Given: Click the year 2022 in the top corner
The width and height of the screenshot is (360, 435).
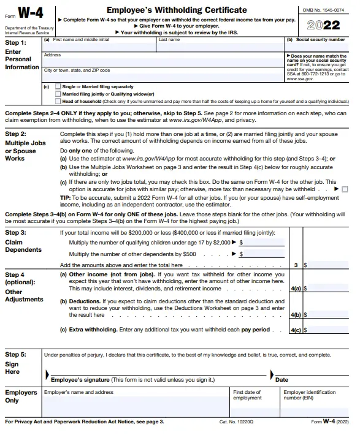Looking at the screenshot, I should [324, 25].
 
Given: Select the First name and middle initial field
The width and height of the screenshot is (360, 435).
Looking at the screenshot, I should [99, 47].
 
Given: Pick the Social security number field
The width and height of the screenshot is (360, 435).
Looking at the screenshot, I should [316, 47].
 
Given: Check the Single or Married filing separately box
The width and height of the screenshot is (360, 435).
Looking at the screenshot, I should [58, 86].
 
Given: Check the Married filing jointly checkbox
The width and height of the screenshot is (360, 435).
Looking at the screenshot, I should [58, 94].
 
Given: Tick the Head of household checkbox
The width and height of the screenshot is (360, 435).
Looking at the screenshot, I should [58, 101].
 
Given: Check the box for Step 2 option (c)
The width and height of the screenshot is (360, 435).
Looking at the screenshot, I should [344, 189].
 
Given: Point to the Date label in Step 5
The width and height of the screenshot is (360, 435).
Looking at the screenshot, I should [281, 380].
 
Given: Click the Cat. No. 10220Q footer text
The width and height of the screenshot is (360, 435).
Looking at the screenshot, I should [236, 422].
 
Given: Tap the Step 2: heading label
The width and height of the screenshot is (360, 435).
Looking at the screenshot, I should [16, 134].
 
